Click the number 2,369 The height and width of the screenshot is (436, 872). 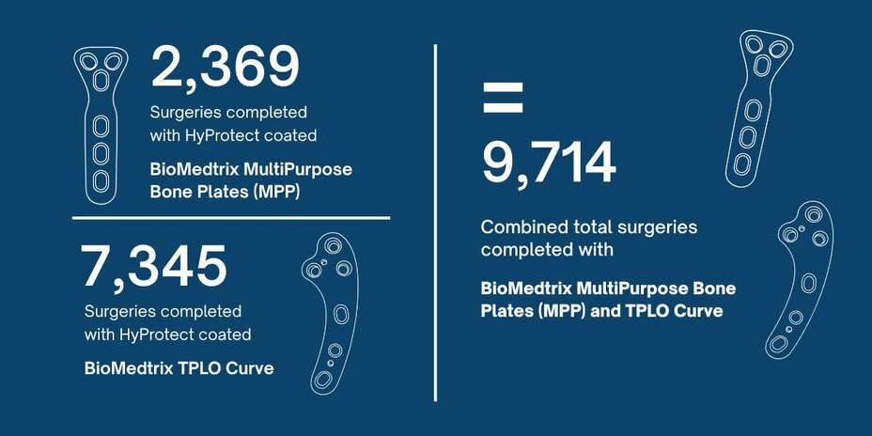(x=226, y=68)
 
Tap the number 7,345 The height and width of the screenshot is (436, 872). (x=154, y=266)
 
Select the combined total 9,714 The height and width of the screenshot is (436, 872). (x=549, y=163)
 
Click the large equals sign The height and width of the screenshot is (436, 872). (x=503, y=98)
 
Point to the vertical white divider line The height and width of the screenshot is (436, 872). (x=435, y=223)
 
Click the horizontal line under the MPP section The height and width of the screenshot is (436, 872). (x=231, y=218)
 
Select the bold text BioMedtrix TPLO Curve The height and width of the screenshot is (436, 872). (x=179, y=368)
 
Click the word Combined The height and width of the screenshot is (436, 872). (x=520, y=227)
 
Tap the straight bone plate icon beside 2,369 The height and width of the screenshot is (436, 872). (x=101, y=125)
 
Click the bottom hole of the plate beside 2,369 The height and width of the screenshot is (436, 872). (x=101, y=181)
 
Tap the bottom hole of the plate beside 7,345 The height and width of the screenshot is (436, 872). (x=322, y=380)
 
